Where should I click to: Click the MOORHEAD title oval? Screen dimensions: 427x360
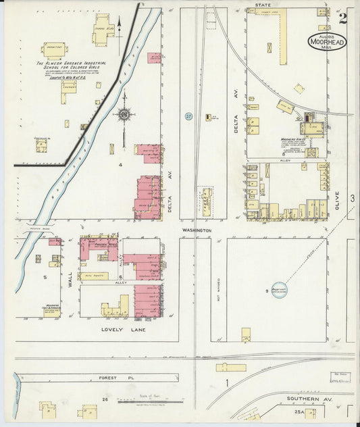325,41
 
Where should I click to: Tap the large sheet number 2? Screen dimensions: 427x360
343,18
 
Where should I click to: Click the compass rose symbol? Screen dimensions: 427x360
124,115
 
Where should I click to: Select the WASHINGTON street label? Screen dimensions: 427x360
197,230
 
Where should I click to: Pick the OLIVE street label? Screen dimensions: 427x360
337,200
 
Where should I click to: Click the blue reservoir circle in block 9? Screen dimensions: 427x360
277,288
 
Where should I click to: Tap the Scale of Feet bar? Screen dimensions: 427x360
150,403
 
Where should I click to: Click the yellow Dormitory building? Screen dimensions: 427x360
53,49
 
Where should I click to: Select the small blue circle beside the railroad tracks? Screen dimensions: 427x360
189,116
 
